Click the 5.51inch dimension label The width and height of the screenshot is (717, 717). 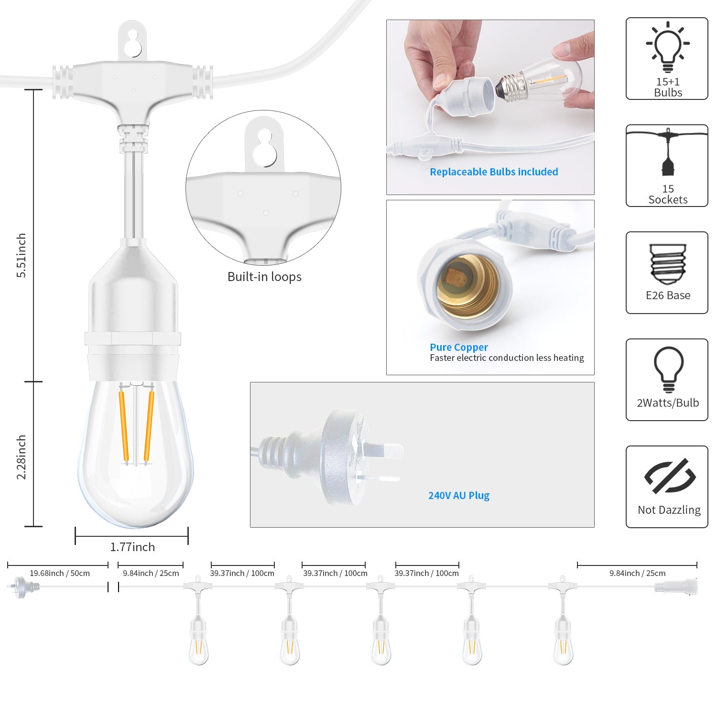(22, 255)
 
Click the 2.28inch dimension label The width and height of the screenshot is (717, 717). (22, 457)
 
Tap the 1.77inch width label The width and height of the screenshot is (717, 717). (132, 547)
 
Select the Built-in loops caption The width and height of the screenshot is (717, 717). (264, 277)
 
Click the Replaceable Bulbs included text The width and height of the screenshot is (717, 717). (494, 172)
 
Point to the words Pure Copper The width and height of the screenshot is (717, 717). (458, 347)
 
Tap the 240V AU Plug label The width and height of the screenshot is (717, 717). (458, 495)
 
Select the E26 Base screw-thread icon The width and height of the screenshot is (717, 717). (668, 264)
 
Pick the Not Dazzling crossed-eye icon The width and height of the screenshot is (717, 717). (669, 476)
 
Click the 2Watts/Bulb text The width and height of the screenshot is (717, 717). (668, 403)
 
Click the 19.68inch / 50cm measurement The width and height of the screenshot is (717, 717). (60, 573)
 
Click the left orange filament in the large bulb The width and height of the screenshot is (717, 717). (123, 425)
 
